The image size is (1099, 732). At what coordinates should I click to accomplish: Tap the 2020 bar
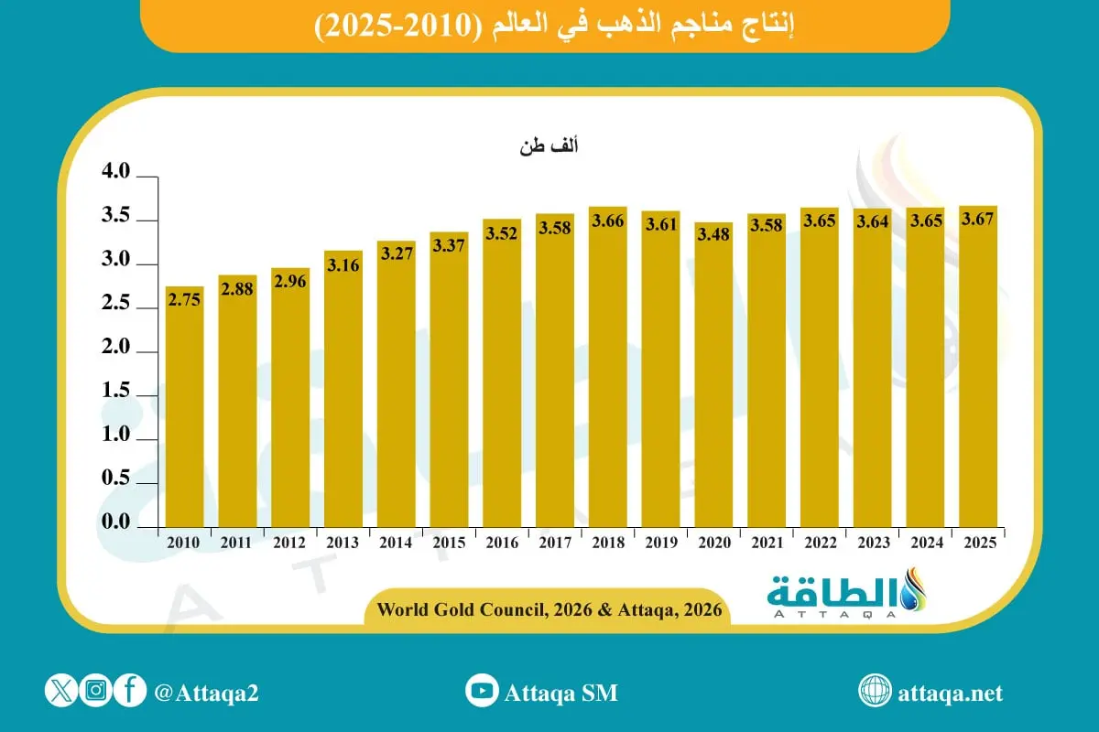[713, 375]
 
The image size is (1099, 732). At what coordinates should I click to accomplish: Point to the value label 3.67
[978, 220]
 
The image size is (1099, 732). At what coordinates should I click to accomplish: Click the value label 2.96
[289, 282]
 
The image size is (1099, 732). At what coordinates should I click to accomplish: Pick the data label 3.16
[343, 264]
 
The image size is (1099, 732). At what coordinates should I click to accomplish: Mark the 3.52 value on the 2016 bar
[501, 233]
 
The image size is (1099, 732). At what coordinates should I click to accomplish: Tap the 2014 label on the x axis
[396, 543]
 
